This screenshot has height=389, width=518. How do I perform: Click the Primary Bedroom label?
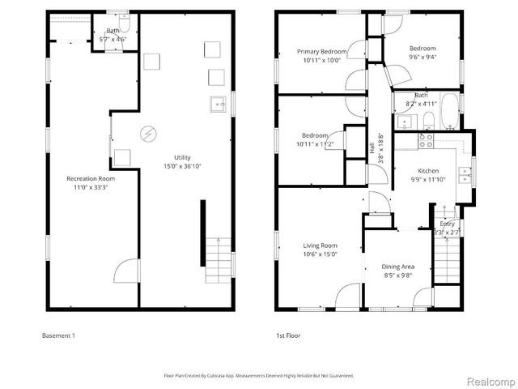[321, 52]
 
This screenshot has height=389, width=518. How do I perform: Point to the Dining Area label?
[397, 267]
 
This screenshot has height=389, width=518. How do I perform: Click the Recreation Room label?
[90, 178]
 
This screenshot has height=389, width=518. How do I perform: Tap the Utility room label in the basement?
[183, 157]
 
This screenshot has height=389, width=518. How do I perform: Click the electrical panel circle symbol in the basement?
[149, 133]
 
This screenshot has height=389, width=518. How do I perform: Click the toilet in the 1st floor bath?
[429, 122]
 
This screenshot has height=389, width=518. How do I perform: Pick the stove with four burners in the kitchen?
[426, 139]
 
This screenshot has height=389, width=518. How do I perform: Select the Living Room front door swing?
[346, 295]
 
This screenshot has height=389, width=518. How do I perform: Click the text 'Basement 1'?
[57, 335]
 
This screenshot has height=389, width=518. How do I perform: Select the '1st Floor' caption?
[288, 335]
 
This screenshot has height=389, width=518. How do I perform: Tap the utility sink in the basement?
[217, 103]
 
